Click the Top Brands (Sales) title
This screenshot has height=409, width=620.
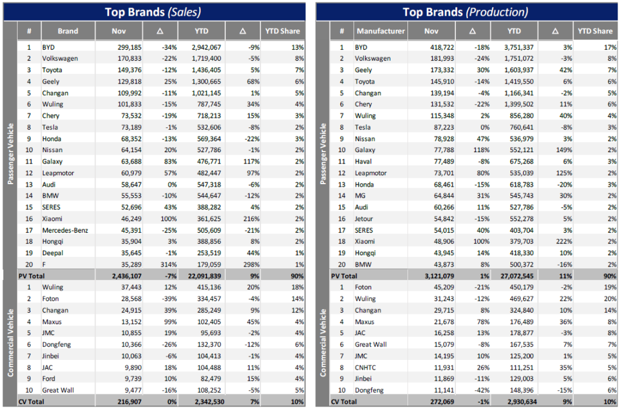pos(153,12)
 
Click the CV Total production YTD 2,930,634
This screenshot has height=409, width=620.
pos(513,402)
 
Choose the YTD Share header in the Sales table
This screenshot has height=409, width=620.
pos(282,31)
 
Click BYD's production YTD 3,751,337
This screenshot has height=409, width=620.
pos(513,47)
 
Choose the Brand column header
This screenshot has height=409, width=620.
pos(68,31)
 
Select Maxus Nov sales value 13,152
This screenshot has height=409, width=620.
pos(127,322)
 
